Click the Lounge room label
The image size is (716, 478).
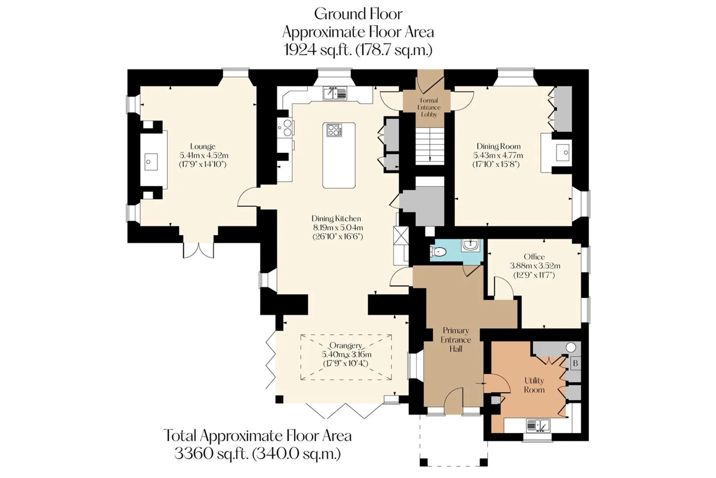coord(203,146)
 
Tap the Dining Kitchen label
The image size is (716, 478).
coord(336,218)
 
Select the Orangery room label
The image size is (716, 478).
coord(346,346)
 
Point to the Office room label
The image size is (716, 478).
coord(534,257)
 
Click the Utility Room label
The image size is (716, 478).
coord(534,385)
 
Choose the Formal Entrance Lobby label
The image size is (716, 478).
coord(429,107)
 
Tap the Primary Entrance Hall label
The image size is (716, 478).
coord(456,340)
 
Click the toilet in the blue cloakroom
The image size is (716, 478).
coord(438,252)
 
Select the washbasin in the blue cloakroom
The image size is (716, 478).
coord(471,245)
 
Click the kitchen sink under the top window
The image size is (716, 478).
coord(335,93)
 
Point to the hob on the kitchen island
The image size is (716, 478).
coord(334,130)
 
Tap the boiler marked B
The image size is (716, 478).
coord(575,363)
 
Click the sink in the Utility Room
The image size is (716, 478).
coord(538,425)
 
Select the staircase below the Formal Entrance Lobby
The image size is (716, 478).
coord(430,145)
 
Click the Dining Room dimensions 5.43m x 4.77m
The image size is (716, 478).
coord(498,155)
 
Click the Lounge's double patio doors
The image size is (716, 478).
coord(198,250)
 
